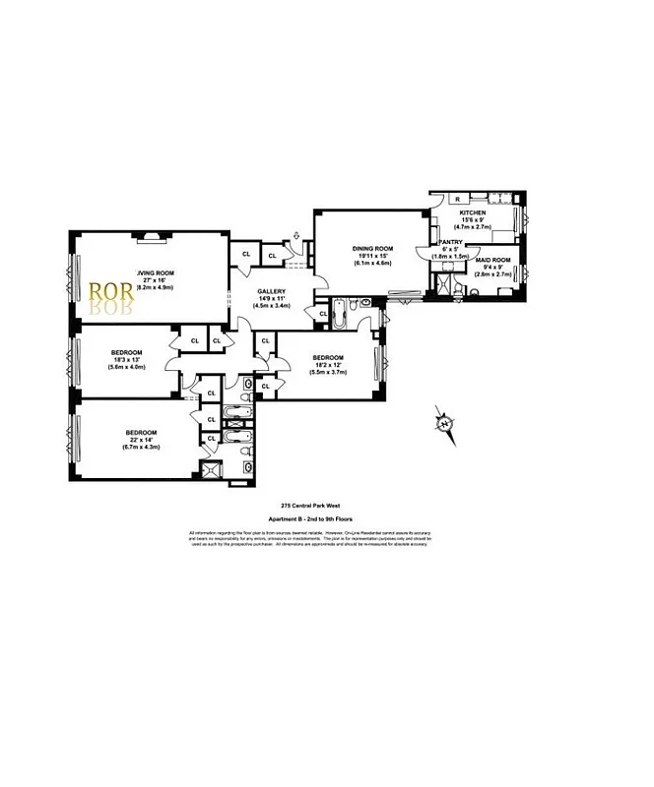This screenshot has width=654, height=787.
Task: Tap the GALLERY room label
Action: click(272, 292)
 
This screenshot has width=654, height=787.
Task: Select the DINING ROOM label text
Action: click(375, 248)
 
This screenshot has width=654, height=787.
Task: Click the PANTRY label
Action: click(451, 241)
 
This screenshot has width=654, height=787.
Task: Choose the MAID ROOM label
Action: click(490, 255)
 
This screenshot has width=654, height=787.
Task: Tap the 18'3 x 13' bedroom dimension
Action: click(127, 360)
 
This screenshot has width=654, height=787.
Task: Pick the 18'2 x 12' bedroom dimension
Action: click(328, 364)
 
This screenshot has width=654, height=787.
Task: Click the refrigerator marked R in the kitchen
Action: click(443, 198)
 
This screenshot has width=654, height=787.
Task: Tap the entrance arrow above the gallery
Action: click(295, 235)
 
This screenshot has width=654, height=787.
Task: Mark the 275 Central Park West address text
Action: click(310, 506)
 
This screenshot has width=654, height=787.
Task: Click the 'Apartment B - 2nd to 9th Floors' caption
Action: click(310, 518)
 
